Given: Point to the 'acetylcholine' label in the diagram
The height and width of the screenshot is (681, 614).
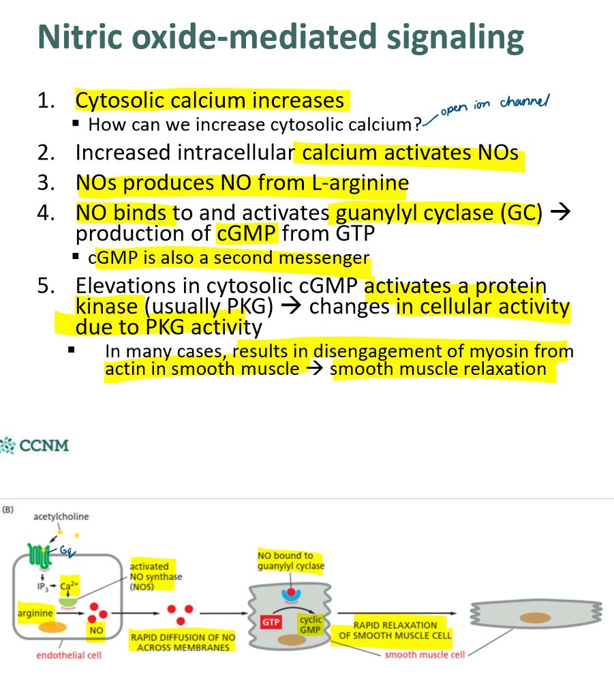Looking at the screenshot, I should pyautogui.click(x=61, y=516).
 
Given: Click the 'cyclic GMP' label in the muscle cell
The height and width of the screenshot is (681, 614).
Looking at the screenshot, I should pyautogui.click(x=310, y=624).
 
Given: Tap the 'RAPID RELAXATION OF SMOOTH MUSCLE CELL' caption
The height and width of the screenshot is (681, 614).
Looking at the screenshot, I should pyautogui.click(x=395, y=630).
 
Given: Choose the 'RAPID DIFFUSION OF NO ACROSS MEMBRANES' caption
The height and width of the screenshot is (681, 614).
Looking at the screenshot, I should pyautogui.click(x=182, y=642).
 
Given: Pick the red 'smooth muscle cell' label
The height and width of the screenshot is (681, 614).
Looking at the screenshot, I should pyautogui.click(x=425, y=655).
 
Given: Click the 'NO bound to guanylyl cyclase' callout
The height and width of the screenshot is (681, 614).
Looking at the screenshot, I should pyautogui.click(x=290, y=560).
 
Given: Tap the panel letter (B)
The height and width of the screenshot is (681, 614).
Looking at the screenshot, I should pyautogui.click(x=10, y=509).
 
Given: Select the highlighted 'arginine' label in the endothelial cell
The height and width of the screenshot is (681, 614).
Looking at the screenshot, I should pyautogui.click(x=35, y=613).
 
